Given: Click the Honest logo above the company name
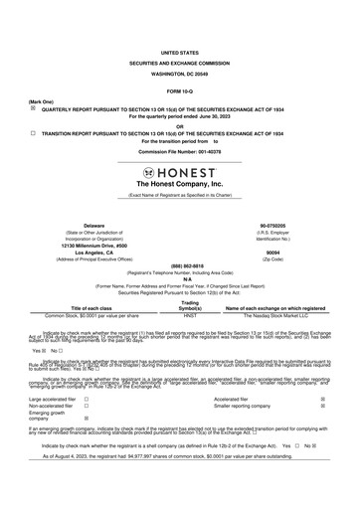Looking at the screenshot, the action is [x=179, y=171].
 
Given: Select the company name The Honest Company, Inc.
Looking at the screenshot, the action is [x=179, y=185].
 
